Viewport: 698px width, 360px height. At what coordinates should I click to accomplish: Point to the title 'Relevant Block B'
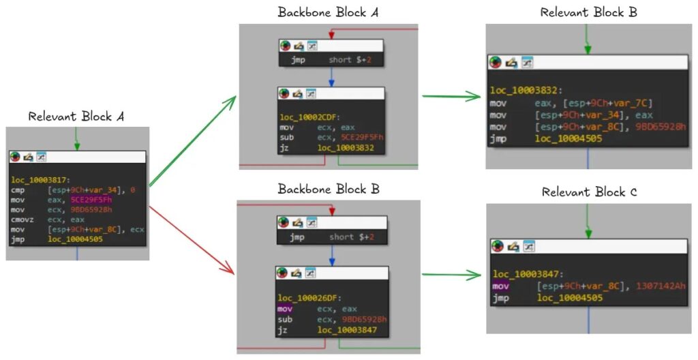click(x=589, y=12)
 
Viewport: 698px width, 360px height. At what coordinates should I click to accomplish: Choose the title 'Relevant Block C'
click(x=589, y=192)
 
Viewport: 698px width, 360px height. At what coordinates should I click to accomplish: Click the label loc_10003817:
click(x=39, y=179)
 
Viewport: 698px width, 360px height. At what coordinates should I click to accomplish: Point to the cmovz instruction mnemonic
click(x=22, y=220)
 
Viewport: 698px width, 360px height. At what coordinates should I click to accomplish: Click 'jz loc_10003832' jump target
click(x=345, y=149)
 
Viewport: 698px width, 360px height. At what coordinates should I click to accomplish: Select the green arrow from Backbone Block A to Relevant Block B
click(x=451, y=97)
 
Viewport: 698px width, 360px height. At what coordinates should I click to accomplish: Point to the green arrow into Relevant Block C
click(x=451, y=275)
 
